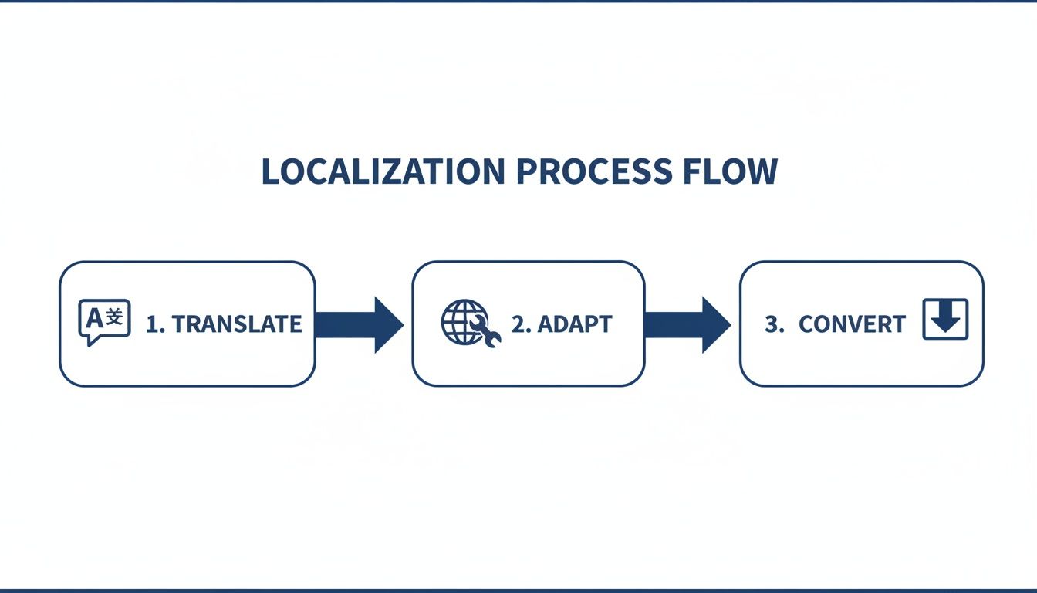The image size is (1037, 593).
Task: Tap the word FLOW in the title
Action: [x=729, y=171]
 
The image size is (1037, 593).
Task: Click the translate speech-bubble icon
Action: [x=104, y=322]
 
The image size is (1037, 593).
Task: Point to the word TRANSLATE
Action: [x=237, y=324]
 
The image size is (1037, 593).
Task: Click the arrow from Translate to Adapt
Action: [x=359, y=324]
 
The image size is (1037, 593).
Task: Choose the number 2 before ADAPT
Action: [x=519, y=324]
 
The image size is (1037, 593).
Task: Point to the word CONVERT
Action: [x=852, y=324]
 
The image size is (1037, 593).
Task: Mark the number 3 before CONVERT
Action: [x=772, y=324]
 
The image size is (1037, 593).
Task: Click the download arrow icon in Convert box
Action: [x=945, y=320]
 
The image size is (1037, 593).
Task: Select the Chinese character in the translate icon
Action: [x=114, y=317]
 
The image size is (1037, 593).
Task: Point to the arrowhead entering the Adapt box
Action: [x=388, y=324]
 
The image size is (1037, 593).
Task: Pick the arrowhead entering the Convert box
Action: [x=716, y=324]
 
